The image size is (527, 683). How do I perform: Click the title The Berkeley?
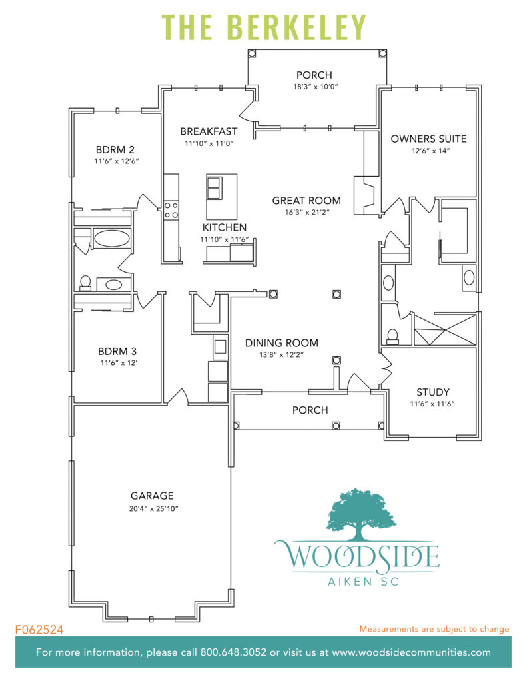(x=264, y=27)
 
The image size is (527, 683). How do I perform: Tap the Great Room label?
(x=306, y=200)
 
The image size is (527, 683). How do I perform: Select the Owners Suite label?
(x=428, y=139)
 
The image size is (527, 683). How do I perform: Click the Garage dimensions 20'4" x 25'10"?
(x=152, y=508)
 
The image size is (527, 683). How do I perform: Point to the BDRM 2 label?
(x=115, y=149)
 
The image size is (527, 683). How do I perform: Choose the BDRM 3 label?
(x=117, y=351)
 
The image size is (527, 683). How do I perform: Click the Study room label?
(x=432, y=392)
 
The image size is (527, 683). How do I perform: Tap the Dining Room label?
(x=281, y=343)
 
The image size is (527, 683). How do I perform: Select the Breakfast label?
(x=209, y=131)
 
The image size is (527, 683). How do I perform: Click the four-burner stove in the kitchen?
(x=171, y=210)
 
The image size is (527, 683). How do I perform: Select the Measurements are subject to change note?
(x=434, y=629)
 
